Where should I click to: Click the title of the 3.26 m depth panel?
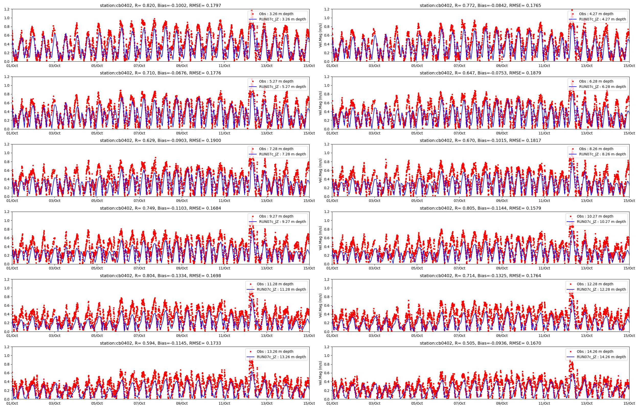point(160,5)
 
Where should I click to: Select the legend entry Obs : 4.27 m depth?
point(596,14)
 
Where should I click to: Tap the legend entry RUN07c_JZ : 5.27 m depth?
point(282,87)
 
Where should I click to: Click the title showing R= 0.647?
point(480,73)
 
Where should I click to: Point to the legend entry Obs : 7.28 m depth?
point(276,149)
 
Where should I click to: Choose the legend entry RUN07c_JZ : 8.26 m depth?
point(602,154)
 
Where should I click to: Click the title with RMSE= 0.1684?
point(160,208)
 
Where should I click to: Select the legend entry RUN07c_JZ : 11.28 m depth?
point(281,289)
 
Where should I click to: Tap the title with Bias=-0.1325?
point(480,275)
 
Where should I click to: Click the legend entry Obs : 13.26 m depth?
point(275,351)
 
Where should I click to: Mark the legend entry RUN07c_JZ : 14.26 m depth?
point(601,357)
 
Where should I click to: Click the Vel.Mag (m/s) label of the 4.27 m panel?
point(321,35)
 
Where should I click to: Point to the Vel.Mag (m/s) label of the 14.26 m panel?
point(321,373)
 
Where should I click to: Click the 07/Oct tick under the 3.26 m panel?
point(139,66)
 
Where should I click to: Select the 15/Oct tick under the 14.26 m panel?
point(629,403)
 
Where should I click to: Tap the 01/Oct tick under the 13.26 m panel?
point(12,403)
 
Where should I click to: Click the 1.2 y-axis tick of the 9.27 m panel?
point(7,212)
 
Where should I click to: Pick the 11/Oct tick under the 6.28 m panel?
point(544,133)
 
